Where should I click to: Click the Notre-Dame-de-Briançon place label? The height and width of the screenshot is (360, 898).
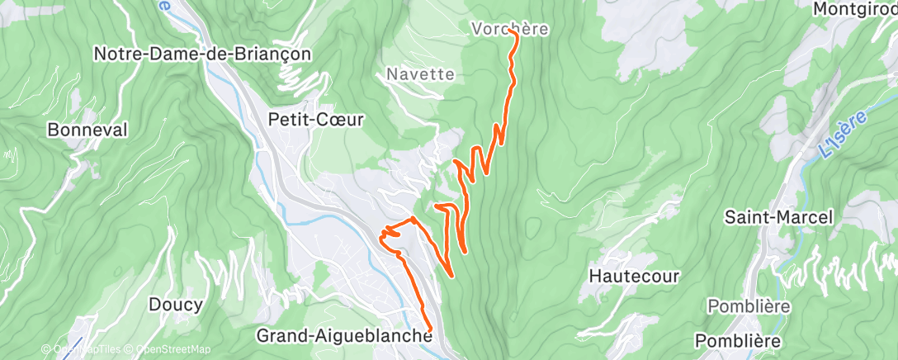tap(202, 54)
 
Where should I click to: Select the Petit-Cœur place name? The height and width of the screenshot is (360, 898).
tap(316, 119)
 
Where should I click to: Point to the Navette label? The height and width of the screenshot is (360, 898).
tap(420, 74)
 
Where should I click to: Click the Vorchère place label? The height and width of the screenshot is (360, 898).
tap(509, 28)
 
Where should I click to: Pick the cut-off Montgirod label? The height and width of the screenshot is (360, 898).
tap(854, 8)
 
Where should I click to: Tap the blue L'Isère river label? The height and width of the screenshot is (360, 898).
tap(844, 136)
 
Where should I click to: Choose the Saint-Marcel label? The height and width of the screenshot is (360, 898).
tap(778, 217)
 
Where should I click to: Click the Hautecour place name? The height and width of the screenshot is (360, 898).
tap(635, 275)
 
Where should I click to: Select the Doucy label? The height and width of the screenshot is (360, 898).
tap(175, 305)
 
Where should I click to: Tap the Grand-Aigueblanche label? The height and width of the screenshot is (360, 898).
tap(344, 336)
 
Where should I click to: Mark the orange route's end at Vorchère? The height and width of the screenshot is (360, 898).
tap(516, 34)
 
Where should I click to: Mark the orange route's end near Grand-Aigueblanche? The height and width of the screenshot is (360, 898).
tap(430, 331)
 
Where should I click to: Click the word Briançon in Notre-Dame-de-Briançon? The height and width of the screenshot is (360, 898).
tap(272, 54)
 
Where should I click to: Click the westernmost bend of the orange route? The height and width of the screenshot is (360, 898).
tap(380, 238)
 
